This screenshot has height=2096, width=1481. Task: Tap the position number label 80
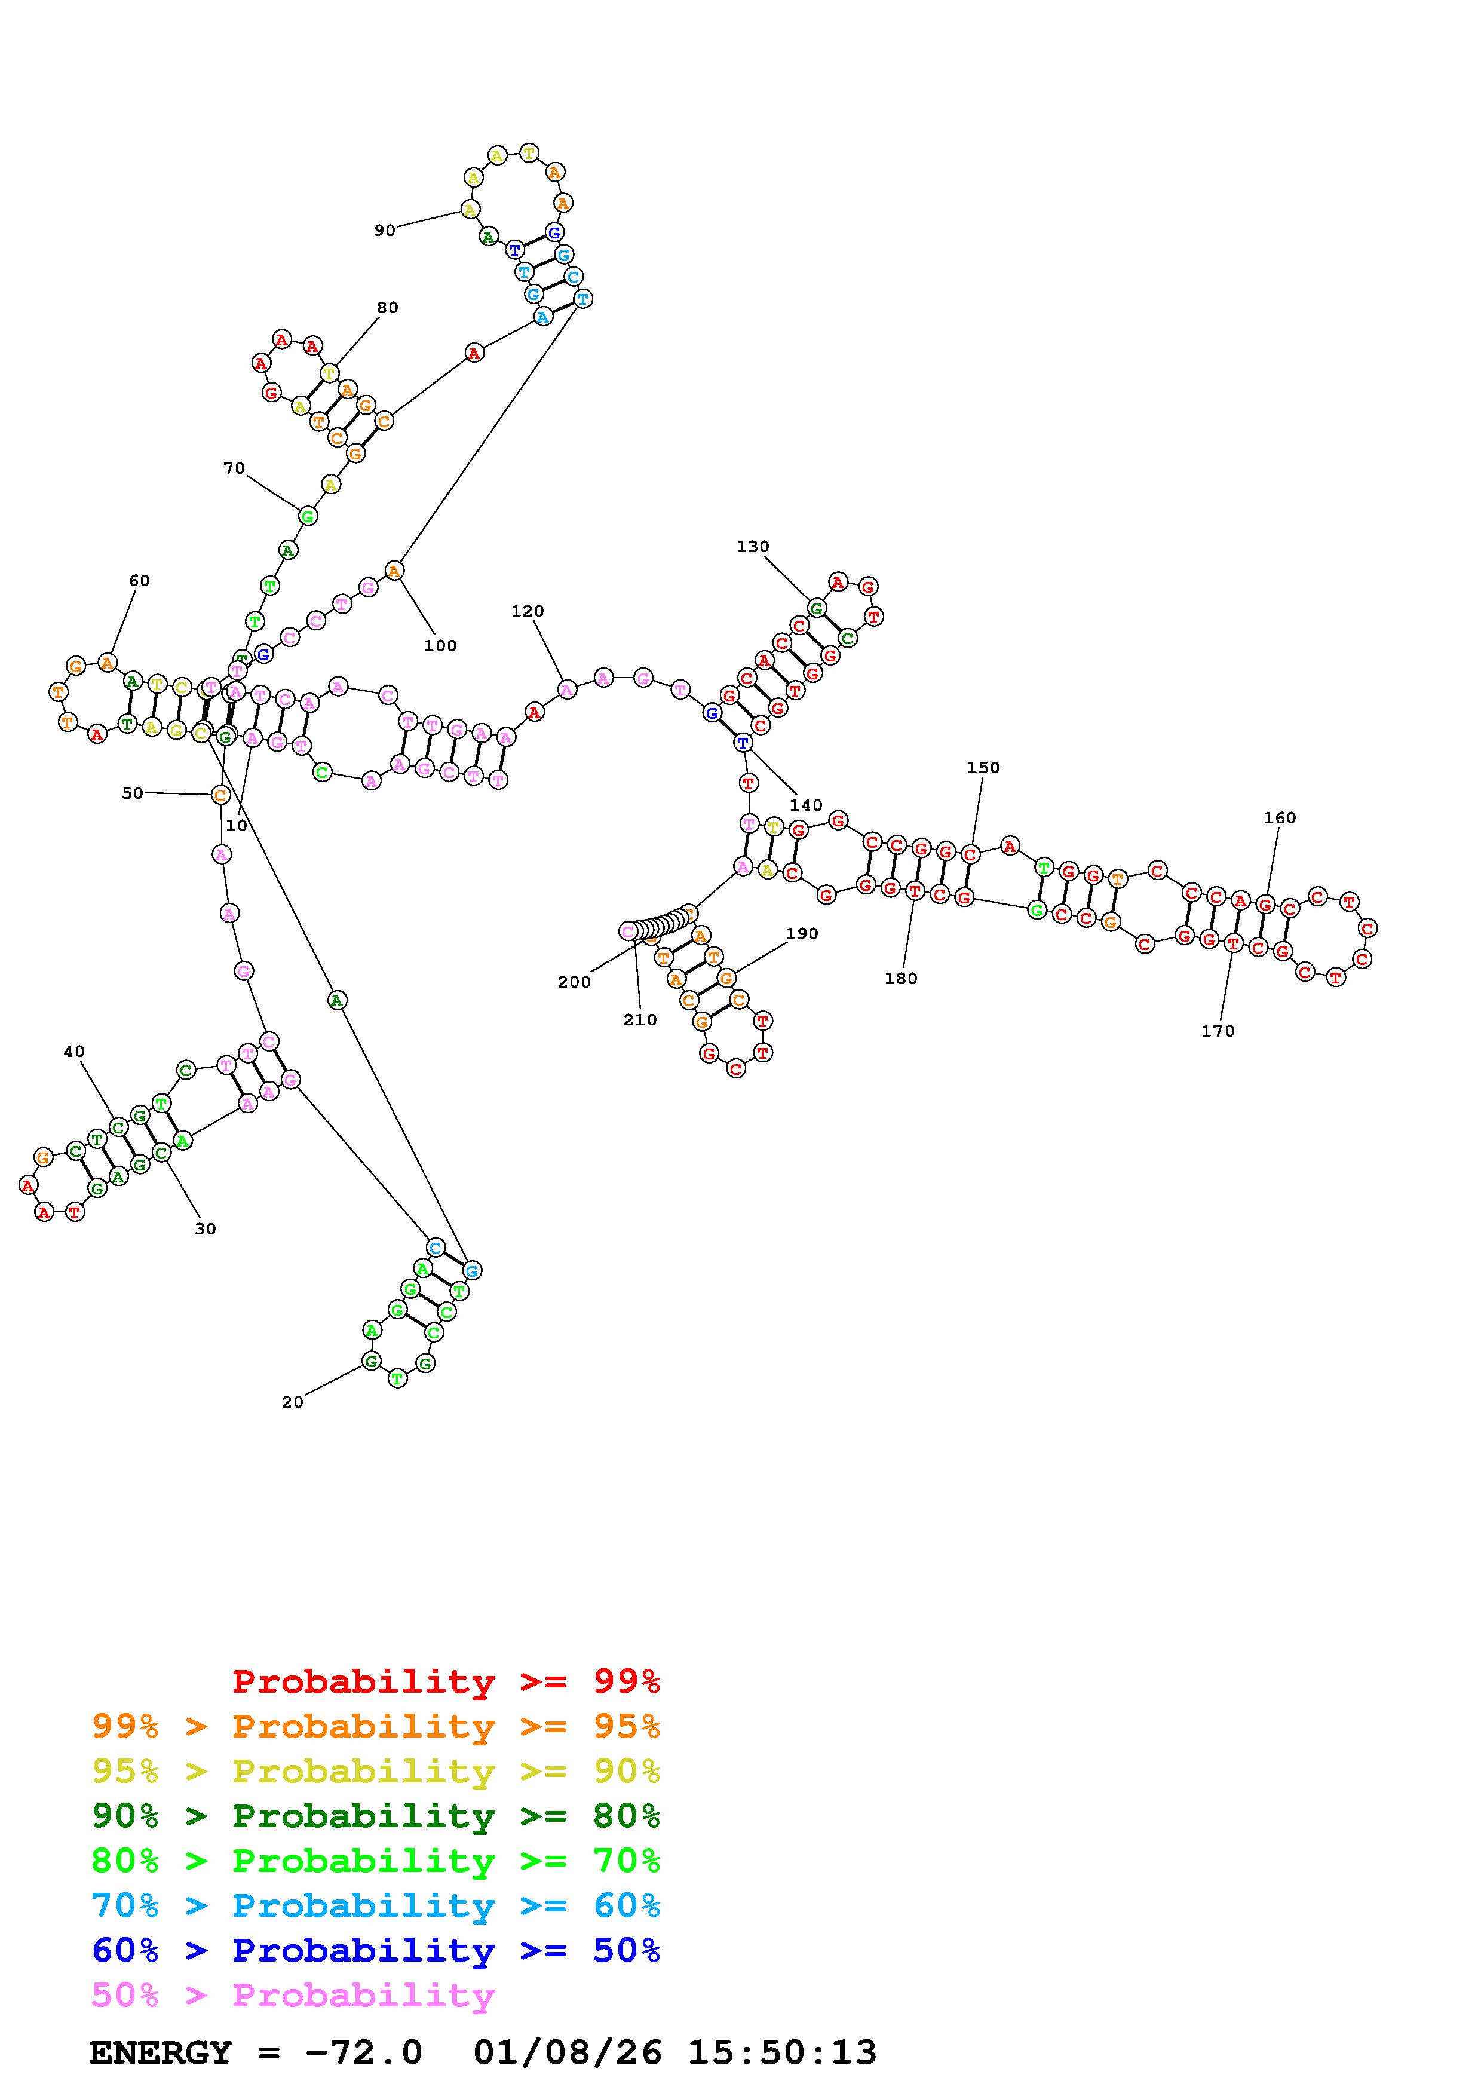click(388, 308)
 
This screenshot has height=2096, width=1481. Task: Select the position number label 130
click(753, 547)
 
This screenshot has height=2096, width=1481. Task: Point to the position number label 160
click(1279, 818)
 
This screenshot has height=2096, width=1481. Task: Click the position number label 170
click(1218, 1031)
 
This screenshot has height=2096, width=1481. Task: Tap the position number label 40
click(74, 1052)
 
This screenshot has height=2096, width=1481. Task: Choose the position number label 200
click(574, 982)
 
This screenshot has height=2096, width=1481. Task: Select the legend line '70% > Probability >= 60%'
click(376, 1905)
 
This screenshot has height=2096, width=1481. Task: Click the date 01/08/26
click(568, 2052)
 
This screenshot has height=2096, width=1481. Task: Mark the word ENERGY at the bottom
click(161, 2052)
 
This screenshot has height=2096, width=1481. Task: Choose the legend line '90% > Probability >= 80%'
click(376, 1816)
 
